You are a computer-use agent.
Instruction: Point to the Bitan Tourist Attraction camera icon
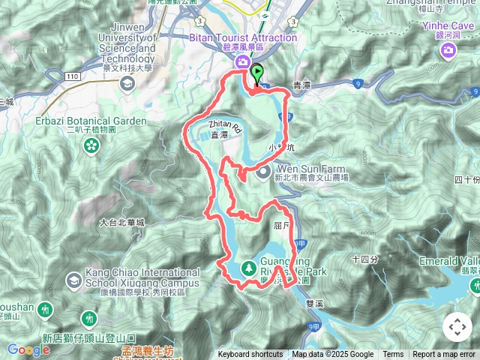point(242,62)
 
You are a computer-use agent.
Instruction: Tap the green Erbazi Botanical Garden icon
point(91,145)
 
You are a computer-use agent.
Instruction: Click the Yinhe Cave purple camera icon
point(448,50)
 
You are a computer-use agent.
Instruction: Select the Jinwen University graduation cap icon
point(127,82)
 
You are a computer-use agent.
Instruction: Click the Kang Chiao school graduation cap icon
point(73,280)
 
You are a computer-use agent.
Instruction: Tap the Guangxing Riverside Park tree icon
point(248,268)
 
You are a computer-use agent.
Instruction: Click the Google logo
point(28,349)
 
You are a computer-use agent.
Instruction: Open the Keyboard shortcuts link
point(250,355)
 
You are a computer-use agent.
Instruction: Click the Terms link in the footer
point(393,355)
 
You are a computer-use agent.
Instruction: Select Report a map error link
point(444,355)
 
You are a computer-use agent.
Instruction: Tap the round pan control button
point(457,327)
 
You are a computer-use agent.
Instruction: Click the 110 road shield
point(73,76)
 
